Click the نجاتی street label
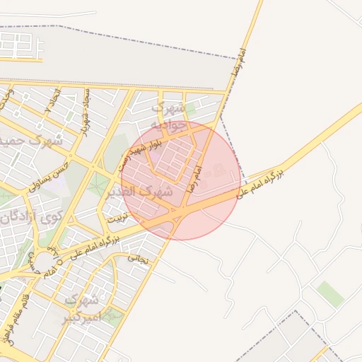pos(139,259)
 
